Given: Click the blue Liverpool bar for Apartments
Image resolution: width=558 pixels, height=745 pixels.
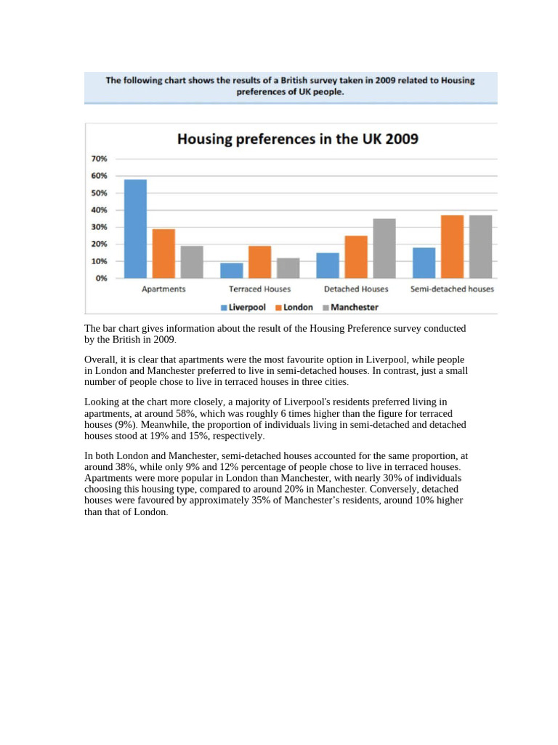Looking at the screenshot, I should pyautogui.click(x=135, y=228).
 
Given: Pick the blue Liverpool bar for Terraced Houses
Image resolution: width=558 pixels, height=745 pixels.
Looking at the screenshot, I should pyautogui.click(x=232, y=270).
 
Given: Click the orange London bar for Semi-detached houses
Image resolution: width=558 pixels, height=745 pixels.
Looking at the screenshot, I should pyautogui.click(x=452, y=247).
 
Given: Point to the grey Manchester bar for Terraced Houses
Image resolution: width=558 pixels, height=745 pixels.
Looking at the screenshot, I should pyautogui.click(x=288, y=268).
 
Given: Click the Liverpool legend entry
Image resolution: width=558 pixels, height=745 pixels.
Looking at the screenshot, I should pyautogui.click(x=243, y=307).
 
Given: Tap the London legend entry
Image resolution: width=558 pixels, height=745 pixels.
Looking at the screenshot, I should pyautogui.click(x=294, y=307).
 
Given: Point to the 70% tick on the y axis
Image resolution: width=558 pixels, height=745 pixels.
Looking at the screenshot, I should pyautogui.click(x=99, y=159).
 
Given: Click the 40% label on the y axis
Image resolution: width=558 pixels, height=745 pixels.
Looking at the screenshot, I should pyautogui.click(x=99, y=210).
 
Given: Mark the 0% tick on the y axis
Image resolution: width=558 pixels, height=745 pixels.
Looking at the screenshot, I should pyautogui.click(x=101, y=278).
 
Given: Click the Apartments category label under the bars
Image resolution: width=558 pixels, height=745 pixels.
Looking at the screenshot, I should pyautogui.click(x=163, y=289).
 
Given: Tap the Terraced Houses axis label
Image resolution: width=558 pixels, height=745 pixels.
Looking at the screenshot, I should pyautogui.click(x=259, y=289).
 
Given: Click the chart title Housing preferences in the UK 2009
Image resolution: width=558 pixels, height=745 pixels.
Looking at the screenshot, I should pyautogui.click(x=298, y=138).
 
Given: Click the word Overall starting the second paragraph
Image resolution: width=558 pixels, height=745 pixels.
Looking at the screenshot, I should pyautogui.click(x=100, y=360).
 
